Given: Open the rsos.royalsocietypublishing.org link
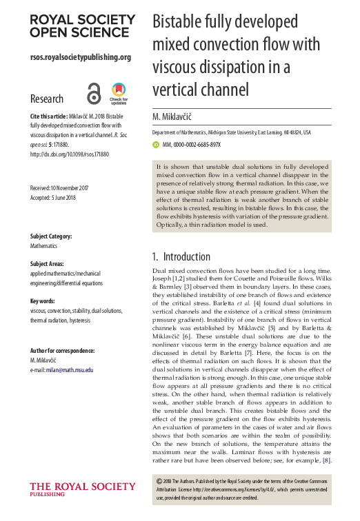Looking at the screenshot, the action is point(81,57).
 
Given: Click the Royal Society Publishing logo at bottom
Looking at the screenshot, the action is point(72,489).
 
